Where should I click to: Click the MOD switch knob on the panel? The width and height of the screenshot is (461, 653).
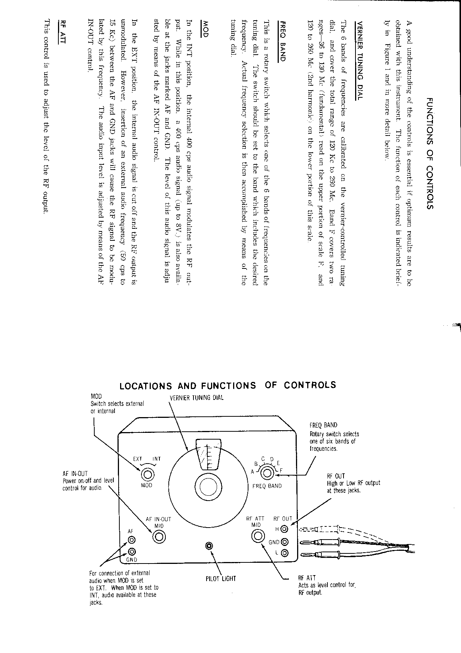coord(147,474)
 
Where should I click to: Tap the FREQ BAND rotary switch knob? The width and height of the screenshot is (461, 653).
coord(267,473)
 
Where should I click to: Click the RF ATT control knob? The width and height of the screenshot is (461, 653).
coord(258,536)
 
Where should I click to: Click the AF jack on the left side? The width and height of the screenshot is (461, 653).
coord(132,540)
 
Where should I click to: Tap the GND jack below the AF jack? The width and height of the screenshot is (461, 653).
coord(132,551)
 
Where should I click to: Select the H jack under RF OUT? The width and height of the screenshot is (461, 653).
coord(285,529)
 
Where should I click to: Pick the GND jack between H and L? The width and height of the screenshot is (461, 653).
coord(285,541)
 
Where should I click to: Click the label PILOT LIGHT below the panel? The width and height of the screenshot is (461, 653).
coord(221,578)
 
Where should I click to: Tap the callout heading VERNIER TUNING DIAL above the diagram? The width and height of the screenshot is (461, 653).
coord(196,398)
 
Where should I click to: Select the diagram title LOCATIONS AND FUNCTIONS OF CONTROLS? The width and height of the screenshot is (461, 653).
coord(228,385)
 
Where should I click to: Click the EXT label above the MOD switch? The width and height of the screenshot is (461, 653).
coord(138,459)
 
